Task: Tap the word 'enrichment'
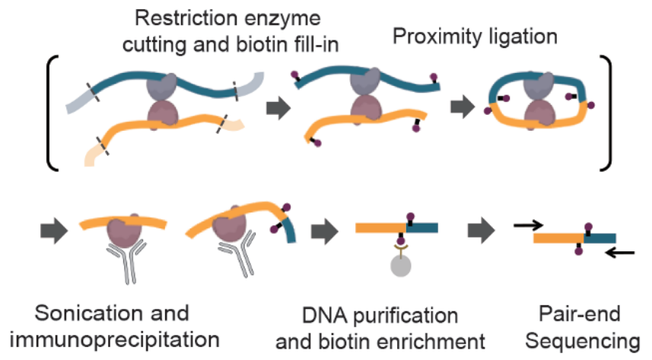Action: [x=438, y=340]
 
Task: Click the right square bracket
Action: [x=605, y=112]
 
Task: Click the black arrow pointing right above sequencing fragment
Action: [x=530, y=225]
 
